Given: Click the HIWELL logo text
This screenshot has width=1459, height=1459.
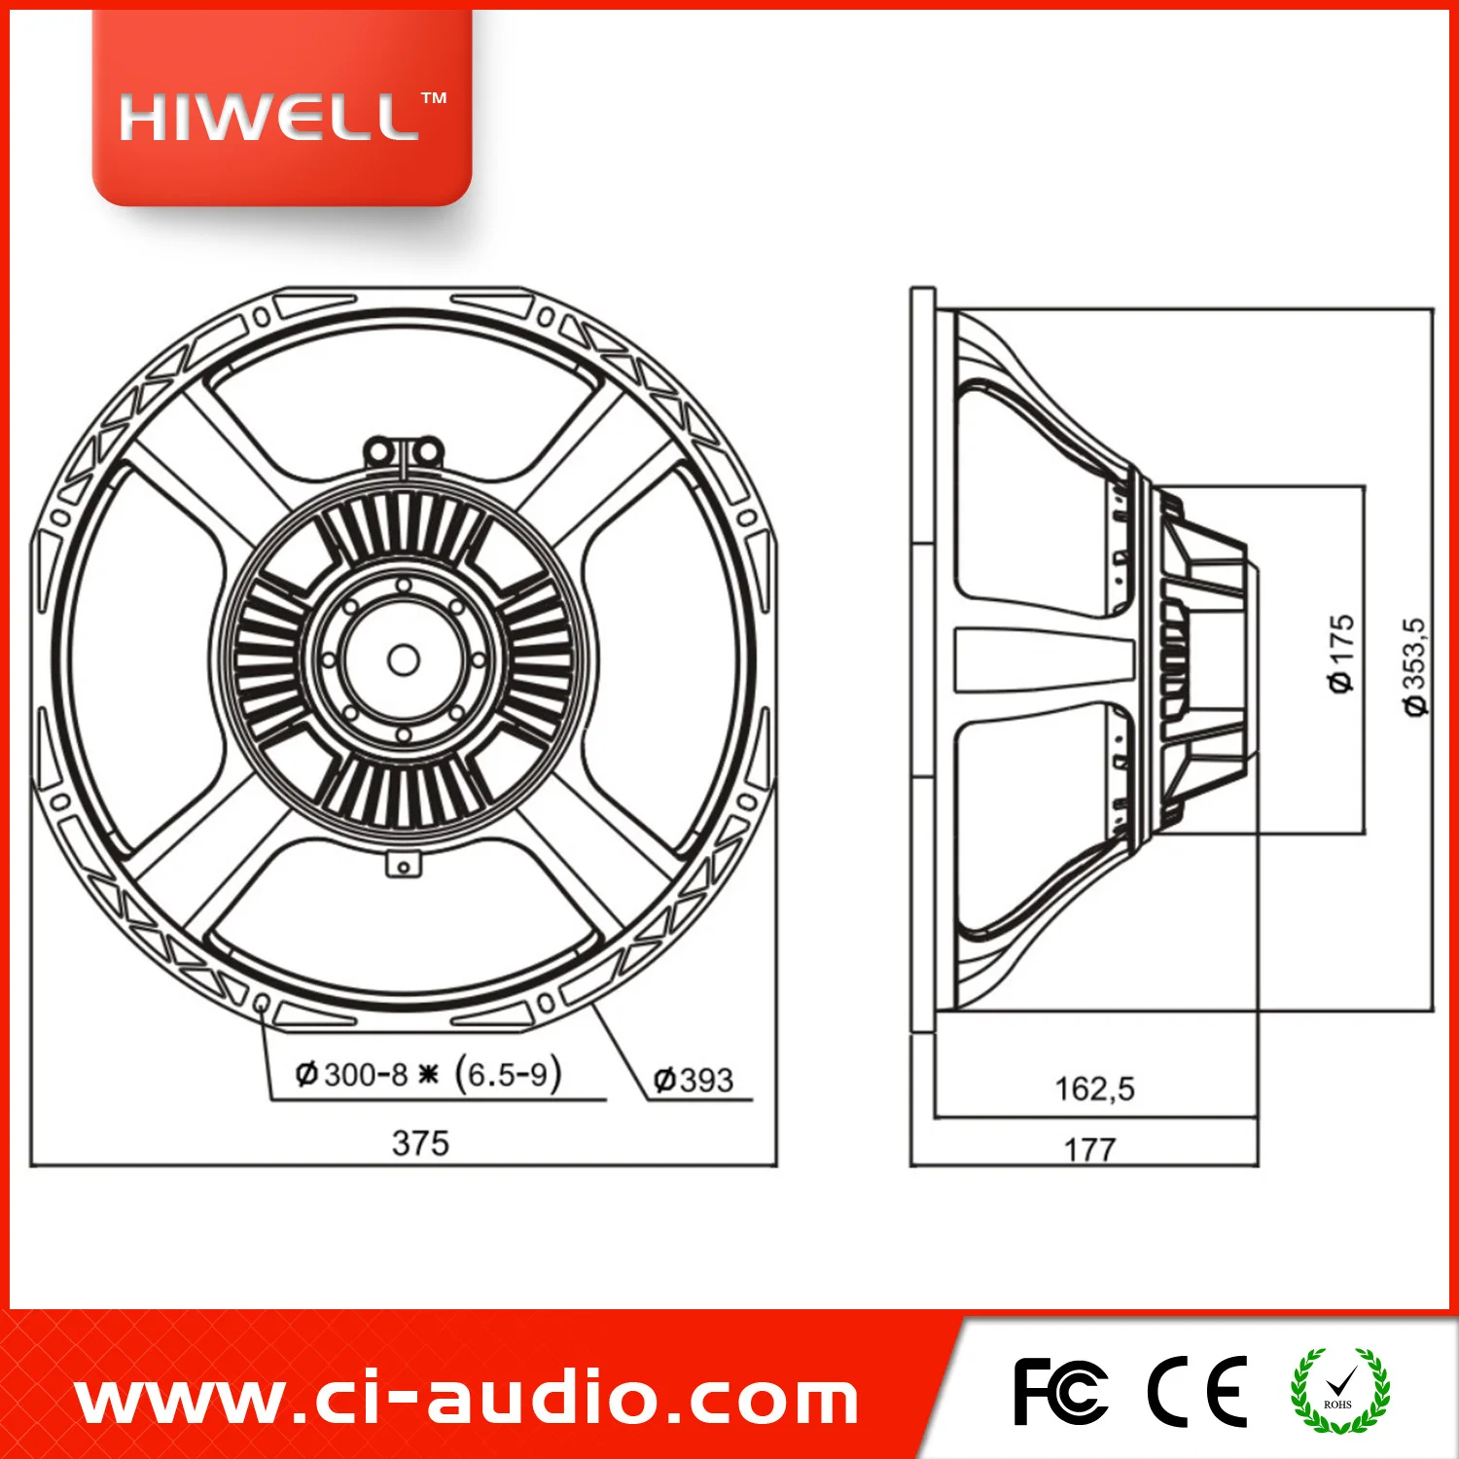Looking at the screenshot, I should click(268, 119).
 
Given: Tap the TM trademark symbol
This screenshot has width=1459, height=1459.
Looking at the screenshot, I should click(434, 98).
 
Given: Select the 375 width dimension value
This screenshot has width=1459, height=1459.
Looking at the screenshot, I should click(420, 1143).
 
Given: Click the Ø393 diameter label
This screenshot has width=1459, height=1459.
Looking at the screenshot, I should click(694, 1080).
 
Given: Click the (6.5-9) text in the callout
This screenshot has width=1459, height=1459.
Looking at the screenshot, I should click(508, 1074).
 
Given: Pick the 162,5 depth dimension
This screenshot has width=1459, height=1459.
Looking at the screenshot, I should click(1094, 1088).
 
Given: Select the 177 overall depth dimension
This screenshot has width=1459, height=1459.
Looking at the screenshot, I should click(1089, 1150).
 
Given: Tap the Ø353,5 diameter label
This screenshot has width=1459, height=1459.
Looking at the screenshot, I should click(1415, 667).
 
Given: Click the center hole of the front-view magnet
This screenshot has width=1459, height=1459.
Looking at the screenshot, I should click(404, 660).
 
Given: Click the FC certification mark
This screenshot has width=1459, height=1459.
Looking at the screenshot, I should click(1059, 1392).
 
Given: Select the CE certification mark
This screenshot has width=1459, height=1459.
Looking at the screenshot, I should click(1197, 1392).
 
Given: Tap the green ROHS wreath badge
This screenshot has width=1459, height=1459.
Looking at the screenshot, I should click(1339, 1391).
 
